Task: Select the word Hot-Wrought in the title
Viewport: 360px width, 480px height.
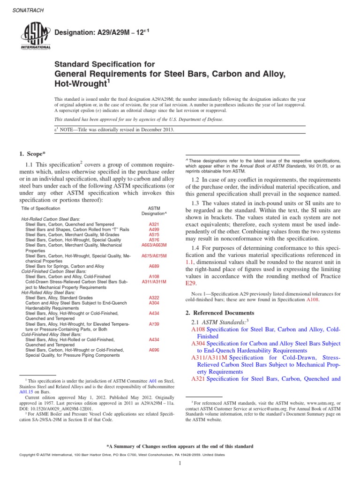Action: (79, 83)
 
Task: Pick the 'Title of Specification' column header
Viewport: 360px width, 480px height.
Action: (41, 208)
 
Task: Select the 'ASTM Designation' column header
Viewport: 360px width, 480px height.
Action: (154, 210)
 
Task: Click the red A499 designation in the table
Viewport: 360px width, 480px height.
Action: (154, 230)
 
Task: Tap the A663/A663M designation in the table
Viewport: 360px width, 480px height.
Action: (154, 245)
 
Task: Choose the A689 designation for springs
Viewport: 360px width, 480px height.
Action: (154, 265)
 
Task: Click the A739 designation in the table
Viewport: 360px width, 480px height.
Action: (154, 323)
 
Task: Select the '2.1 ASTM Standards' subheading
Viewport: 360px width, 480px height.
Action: (219, 322)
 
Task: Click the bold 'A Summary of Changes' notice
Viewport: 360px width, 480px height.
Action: (180, 446)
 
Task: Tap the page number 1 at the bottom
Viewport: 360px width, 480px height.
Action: (180, 464)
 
